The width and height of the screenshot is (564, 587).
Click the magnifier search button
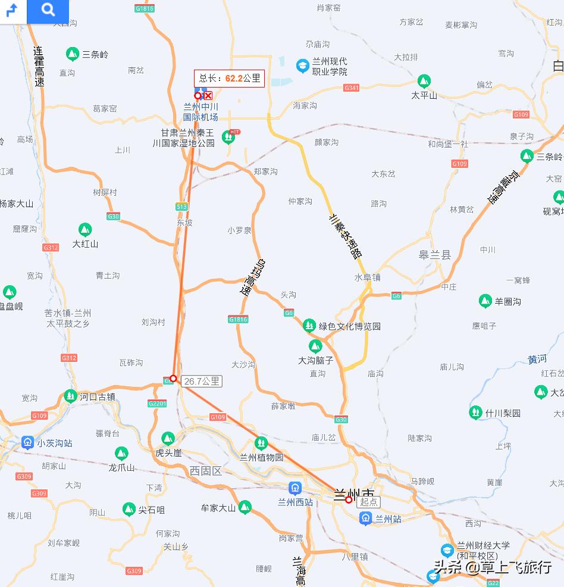click(x=48, y=10)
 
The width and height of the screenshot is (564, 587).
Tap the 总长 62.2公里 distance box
click(x=229, y=78)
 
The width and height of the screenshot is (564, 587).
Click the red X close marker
click(x=208, y=95)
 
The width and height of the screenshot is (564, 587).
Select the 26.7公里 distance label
click(x=202, y=381)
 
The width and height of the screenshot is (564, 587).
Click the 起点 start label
click(x=369, y=502)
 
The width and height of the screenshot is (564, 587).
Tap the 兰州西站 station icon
click(x=295, y=488)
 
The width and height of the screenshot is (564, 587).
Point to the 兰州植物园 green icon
click(x=261, y=443)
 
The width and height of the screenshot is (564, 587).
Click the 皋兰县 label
click(x=434, y=255)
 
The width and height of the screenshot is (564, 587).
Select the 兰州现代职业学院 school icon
click(x=303, y=64)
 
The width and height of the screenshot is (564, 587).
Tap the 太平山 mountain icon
click(x=424, y=80)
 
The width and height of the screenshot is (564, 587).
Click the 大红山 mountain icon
click(x=85, y=229)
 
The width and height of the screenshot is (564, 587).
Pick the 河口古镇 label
click(x=98, y=396)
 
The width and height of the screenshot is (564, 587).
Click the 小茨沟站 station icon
click(x=27, y=442)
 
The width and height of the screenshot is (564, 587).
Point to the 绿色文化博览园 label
click(x=349, y=326)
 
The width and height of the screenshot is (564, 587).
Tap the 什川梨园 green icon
click(x=475, y=412)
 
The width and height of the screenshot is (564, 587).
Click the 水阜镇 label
click(x=367, y=277)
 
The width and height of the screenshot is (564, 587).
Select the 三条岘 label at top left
click(x=95, y=54)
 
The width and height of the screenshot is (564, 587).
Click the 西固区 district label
click(x=205, y=471)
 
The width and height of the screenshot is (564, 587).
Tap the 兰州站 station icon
click(x=366, y=519)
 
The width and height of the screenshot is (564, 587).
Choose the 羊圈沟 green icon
click(x=485, y=301)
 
